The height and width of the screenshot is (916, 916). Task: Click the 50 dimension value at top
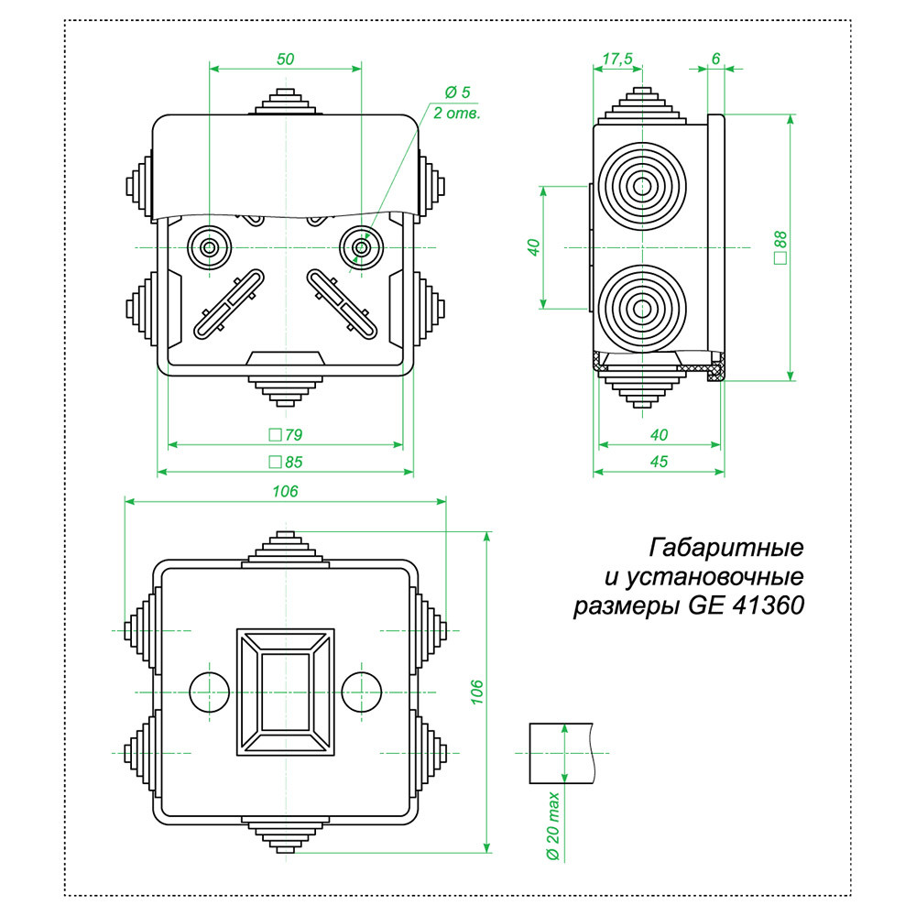(285, 59)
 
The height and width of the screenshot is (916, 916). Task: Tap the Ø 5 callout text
(457, 93)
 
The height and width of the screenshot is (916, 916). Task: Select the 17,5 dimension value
(617, 59)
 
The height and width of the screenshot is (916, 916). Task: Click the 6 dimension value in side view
(715, 58)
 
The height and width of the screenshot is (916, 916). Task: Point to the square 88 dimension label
(780, 247)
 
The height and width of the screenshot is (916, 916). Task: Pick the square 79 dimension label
(286, 434)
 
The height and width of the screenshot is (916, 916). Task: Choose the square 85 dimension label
(286, 462)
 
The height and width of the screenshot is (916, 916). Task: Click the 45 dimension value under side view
(659, 462)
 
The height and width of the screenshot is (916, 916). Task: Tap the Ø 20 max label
(552, 826)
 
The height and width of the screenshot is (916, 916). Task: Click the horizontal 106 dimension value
(285, 491)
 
